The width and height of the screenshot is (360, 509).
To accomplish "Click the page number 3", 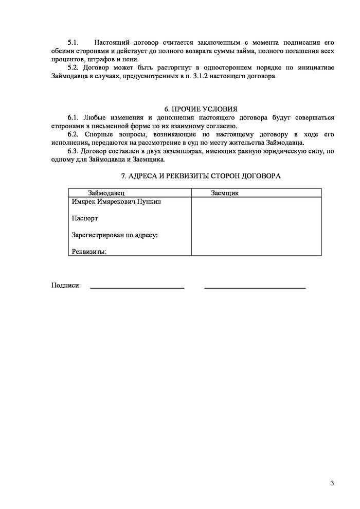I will click(x=332, y=483).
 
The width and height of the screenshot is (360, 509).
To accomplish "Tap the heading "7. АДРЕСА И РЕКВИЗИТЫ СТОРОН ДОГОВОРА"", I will click(x=201, y=176).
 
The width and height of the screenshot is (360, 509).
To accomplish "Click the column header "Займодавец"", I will click(x=106, y=192).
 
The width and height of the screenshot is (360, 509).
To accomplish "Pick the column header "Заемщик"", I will click(x=225, y=192).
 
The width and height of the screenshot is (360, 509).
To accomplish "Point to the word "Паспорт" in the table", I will click(x=85, y=218).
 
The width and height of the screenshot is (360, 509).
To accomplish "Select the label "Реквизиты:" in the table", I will click(x=89, y=252).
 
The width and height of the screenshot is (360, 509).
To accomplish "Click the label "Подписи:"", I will click(x=66, y=286).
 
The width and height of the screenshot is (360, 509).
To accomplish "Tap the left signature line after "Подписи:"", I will click(x=137, y=288).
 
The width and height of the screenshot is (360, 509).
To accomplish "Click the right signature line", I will click(x=255, y=288).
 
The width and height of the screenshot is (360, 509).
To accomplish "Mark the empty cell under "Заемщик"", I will click(x=256, y=226).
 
